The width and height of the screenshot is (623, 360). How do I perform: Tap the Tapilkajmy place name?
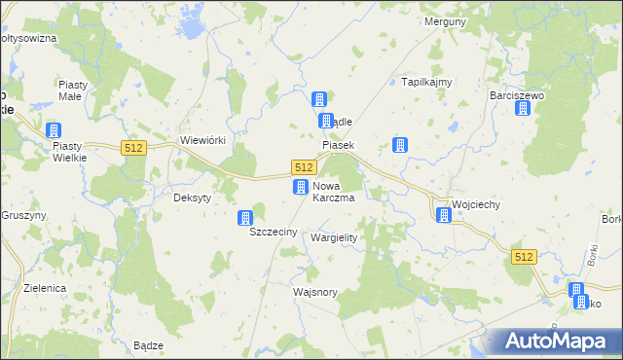coord(427,83)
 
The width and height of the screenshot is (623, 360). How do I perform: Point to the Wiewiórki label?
coord(203,140)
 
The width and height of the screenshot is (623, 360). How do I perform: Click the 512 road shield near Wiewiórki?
coord(134,147)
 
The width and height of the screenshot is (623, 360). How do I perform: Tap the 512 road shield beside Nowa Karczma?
coord(302,167)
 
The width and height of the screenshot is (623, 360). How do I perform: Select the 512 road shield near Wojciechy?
coord(524,256)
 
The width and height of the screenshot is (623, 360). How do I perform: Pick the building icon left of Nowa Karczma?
coord(302,187)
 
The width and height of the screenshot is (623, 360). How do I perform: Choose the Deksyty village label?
coord(192,194)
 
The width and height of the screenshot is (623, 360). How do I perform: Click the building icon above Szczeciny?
coord(246,219)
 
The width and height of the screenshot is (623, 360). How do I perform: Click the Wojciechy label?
coord(477,205)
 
